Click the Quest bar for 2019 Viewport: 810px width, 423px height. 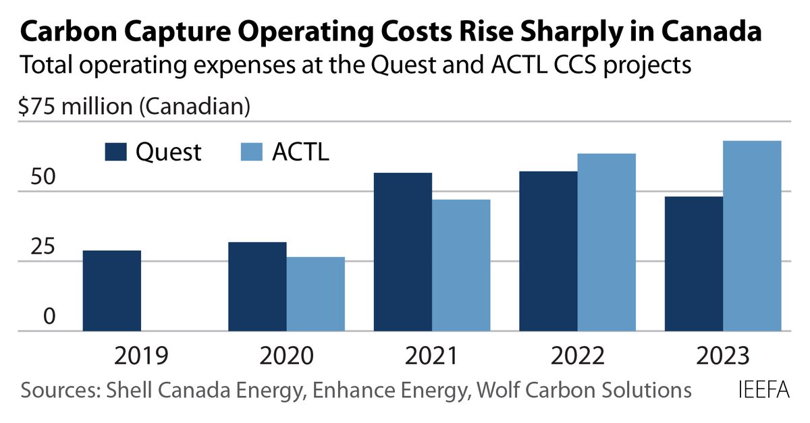click(x=111, y=291)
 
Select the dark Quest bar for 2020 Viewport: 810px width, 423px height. click(x=257, y=287)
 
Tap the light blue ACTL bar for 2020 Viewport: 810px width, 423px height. click(x=315, y=294)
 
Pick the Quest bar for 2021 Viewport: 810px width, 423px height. click(x=403, y=252)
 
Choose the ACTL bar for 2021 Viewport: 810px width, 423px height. click(x=461, y=265)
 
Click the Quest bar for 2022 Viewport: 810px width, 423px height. click(x=548, y=251)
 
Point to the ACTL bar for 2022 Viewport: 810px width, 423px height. click(x=606, y=242)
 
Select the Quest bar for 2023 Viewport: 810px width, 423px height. click(x=693, y=264)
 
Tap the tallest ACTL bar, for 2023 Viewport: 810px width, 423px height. click(x=752, y=236)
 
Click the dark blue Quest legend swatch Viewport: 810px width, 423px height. click(x=115, y=152)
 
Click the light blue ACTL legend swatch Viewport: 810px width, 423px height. click(x=251, y=152)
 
